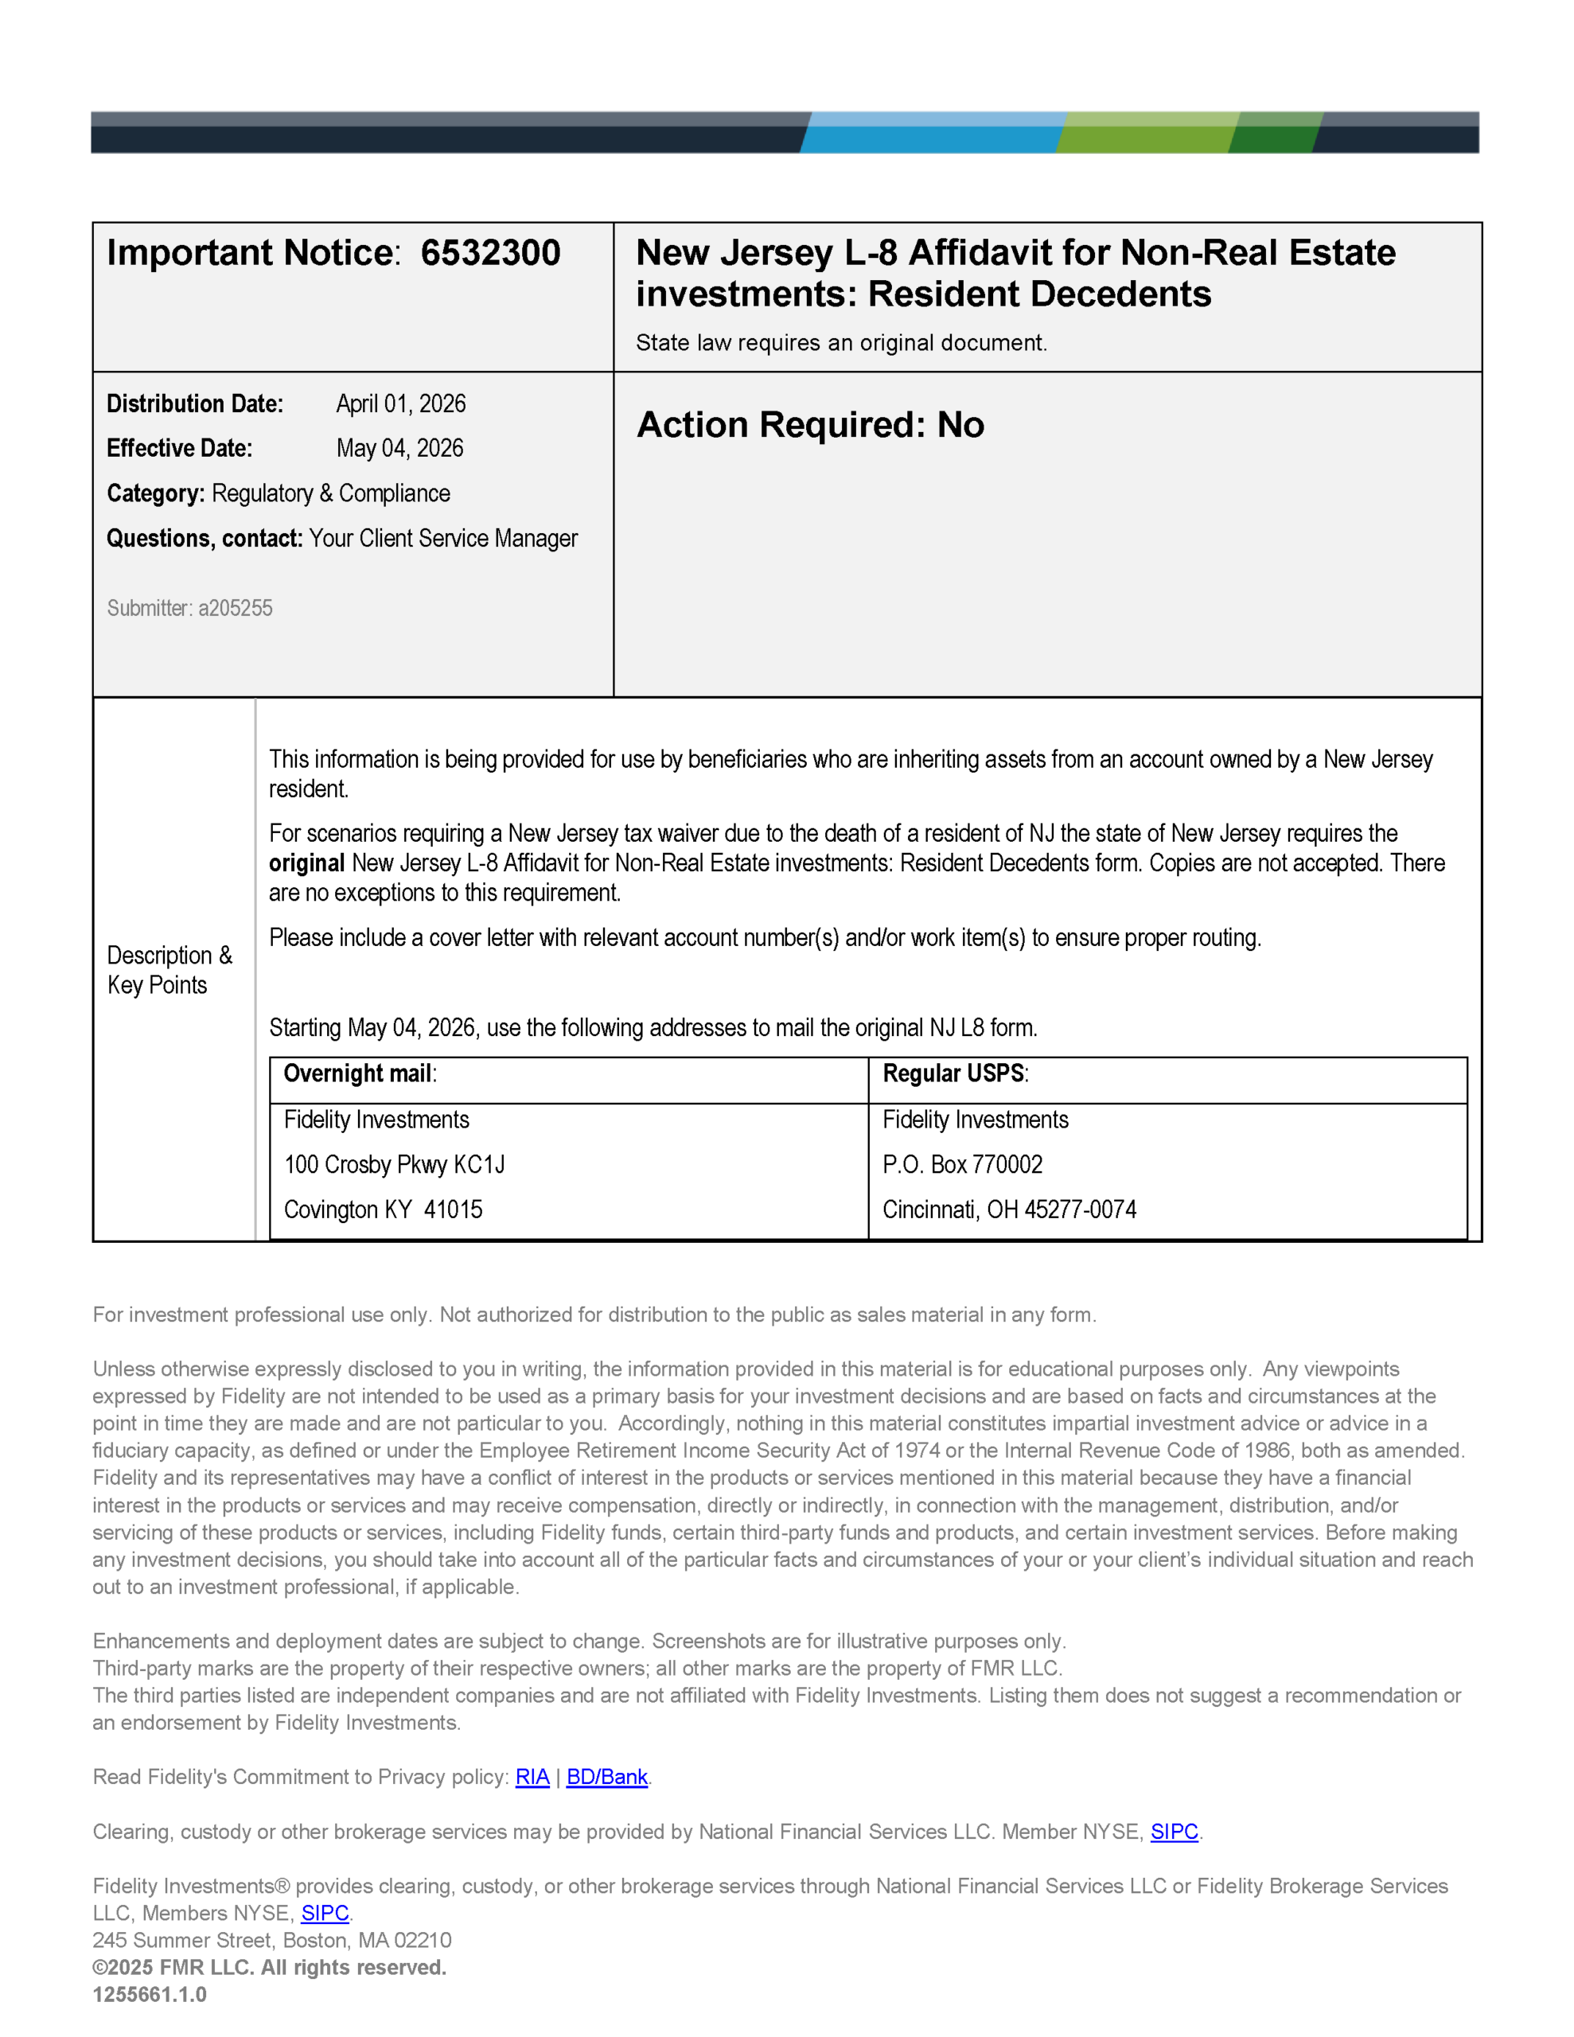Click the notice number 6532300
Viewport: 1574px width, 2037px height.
[490, 253]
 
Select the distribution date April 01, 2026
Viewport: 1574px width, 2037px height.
[400, 404]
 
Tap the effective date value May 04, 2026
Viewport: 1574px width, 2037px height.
[399, 449]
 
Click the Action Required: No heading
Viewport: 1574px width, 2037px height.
[810, 426]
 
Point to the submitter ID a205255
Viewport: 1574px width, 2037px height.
[234, 608]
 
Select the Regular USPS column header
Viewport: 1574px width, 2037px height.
[954, 1073]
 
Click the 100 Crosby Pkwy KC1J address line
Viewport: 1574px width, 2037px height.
[394, 1165]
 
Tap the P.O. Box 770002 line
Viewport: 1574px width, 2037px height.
[962, 1165]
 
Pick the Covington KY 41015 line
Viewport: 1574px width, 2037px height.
[383, 1209]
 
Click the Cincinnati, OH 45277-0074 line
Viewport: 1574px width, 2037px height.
[1008, 1209]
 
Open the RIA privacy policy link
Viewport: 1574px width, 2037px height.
[532, 1778]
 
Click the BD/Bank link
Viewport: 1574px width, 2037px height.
[606, 1778]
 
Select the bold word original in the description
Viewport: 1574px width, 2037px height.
[307, 863]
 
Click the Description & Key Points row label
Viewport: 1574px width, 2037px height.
[169, 970]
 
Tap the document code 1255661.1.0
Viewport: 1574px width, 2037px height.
[150, 1995]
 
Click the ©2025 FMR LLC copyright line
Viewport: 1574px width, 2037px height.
[269, 1968]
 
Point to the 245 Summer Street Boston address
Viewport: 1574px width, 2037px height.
[271, 1941]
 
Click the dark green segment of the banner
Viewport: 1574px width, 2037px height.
[1275, 134]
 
